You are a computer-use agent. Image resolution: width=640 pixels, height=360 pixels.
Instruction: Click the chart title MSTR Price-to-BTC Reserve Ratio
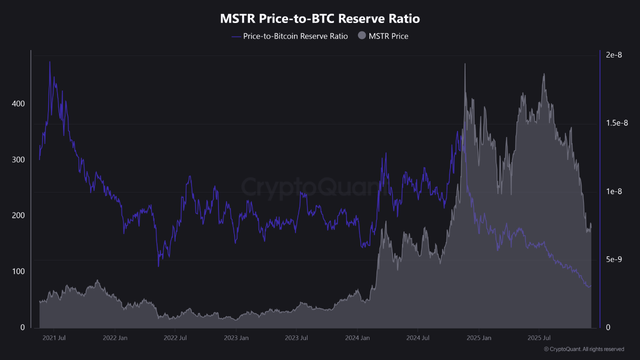pos(320,19)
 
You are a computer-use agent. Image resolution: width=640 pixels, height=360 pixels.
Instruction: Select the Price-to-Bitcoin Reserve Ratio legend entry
pos(290,36)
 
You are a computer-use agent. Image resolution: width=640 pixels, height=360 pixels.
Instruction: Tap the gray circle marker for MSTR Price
pos(362,36)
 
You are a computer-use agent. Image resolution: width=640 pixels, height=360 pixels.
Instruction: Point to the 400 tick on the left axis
pos(18,104)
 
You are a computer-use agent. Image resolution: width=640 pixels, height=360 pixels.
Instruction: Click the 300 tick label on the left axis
pos(18,159)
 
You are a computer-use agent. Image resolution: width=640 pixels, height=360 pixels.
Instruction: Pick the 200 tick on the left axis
pos(18,215)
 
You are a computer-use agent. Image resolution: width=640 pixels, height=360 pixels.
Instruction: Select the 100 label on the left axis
pos(18,271)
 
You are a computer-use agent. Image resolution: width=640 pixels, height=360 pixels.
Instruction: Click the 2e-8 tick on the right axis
pos(613,55)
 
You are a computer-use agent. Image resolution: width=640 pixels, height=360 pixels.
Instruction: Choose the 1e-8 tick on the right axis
pos(613,191)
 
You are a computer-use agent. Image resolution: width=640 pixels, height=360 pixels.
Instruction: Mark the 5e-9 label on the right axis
pos(613,259)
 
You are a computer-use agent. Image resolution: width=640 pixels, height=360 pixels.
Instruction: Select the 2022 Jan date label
pos(115,338)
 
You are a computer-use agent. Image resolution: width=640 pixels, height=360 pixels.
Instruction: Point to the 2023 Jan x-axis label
pos(236,338)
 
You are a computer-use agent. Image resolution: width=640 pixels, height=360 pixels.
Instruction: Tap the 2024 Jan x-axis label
pos(358,338)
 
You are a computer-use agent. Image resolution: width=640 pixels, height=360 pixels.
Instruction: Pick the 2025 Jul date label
pos(540,338)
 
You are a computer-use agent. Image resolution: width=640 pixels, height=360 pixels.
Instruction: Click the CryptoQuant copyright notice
pos(583,349)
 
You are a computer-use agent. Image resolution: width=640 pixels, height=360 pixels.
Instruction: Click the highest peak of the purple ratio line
pos(49,62)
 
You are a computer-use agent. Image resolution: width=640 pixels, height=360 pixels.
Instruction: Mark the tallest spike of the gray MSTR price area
pos(465,64)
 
